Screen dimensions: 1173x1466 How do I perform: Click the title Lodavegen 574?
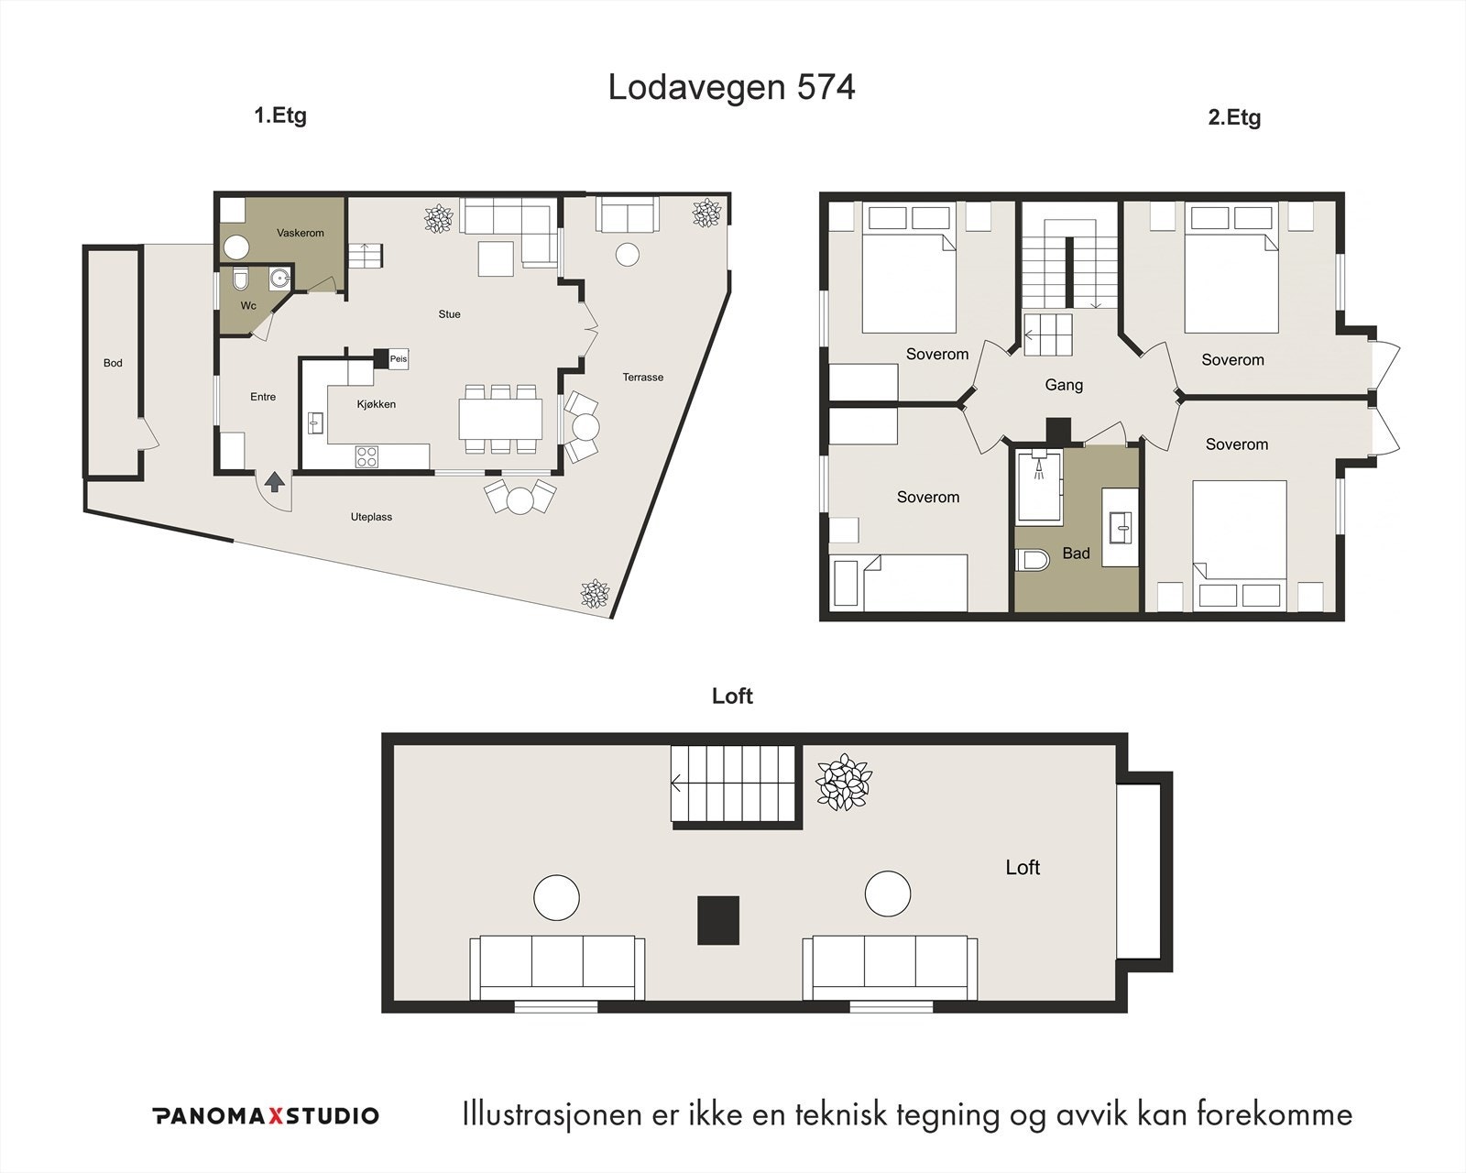pos(731,88)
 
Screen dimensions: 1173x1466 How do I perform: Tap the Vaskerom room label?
pos(301,233)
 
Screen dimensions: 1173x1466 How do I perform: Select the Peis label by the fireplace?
pos(399,359)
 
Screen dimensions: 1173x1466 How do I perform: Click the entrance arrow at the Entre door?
pos(274,481)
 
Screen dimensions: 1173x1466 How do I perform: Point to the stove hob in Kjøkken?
pos(366,455)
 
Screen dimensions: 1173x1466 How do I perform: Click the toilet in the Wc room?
pos(241,278)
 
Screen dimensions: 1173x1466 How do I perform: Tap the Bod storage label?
pos(113,363)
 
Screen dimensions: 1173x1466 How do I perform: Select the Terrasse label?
pos(642,377)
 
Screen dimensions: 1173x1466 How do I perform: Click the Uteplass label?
pos(371,517)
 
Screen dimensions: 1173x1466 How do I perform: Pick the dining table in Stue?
pos(500,420)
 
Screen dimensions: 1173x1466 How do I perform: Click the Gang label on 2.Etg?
pos(1064,385)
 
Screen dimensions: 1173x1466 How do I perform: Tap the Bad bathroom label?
pos(1076,553)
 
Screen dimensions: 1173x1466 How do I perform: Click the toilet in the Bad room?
pos(1033,560)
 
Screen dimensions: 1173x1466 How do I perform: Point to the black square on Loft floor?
pos(718,920)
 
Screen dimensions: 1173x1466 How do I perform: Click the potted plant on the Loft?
pos(843,782)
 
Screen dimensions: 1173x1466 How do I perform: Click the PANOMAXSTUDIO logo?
pos(265,1115)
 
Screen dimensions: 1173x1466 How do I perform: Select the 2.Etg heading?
pos(1233,117)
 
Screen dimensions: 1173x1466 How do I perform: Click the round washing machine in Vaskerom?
pos(236,247)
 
